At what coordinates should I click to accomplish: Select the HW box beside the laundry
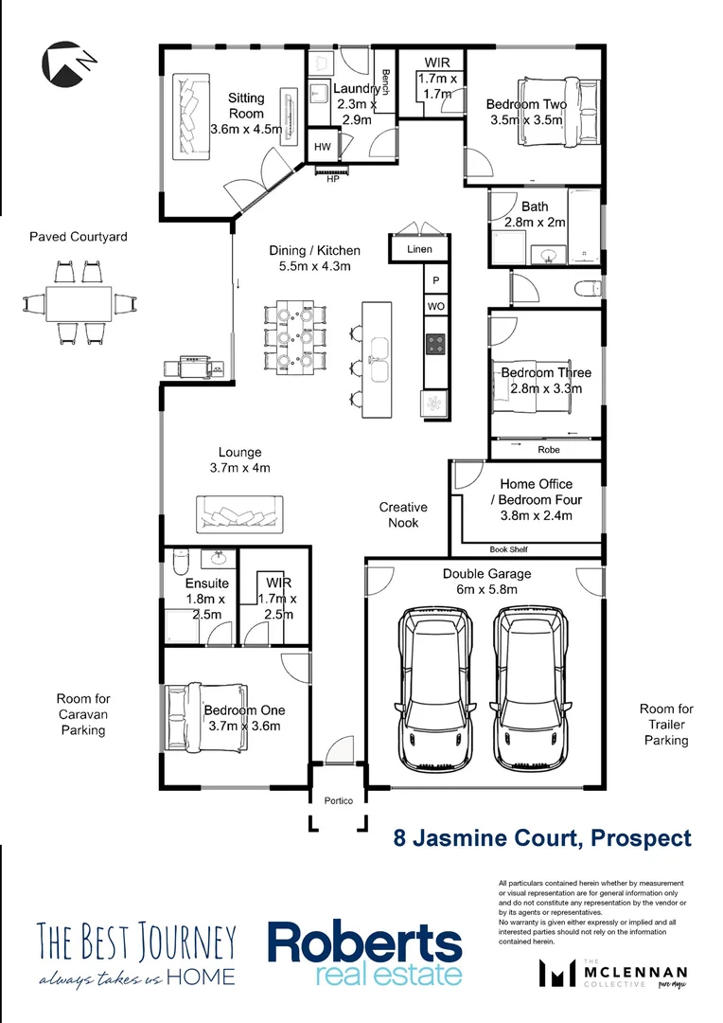point(322,147)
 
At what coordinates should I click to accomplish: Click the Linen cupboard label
point(419,249)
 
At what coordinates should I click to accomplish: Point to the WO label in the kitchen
point(435,307)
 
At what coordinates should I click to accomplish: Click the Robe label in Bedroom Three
point(548,449)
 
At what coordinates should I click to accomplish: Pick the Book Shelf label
point(508,549)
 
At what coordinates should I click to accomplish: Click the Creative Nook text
point(403,515)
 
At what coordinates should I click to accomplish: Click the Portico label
point(338,800)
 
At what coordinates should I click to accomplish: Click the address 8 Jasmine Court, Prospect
point(542,837)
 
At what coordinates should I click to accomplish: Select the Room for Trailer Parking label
point(666,725)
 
